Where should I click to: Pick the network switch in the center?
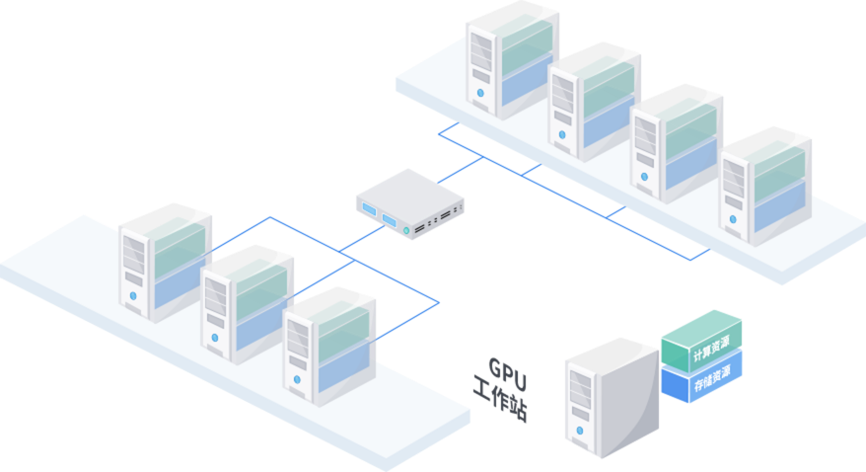(x=409, y=202)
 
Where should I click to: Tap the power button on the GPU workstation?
(x=581, y=431)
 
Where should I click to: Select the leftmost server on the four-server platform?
(x=512, y=61)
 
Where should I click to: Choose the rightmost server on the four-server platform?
(x=765, y=185)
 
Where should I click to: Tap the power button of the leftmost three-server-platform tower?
(x=133, y=295)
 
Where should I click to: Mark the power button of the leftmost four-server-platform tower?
(x=481, y=93)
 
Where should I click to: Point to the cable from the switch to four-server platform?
(x=461, y=170)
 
